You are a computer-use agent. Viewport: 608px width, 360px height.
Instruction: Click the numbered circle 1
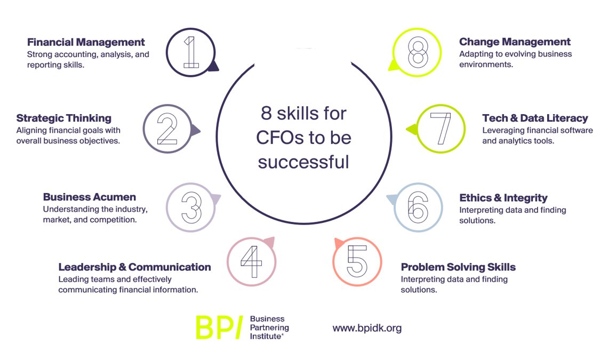point(190,52)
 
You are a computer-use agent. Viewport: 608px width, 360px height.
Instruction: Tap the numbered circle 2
point(167,129)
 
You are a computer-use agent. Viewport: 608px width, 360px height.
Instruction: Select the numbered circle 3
point(190,207)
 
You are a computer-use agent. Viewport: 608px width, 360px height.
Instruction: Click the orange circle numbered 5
point(357,261)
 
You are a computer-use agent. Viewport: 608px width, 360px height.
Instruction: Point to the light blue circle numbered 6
point(418,207)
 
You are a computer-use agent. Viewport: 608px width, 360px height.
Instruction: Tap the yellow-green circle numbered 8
point(418,52)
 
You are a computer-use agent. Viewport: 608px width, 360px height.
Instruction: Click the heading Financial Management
point(86,42)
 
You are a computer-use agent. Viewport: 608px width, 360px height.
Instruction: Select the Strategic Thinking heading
point(64,118)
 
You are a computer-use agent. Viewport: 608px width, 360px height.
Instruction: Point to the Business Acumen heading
point(90,197)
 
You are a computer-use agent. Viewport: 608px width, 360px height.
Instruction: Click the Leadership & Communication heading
point(134,267)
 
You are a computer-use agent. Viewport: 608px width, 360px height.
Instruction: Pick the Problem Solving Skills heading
point(458,267)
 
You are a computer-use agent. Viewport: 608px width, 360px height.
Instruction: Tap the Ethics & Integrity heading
point(503,198)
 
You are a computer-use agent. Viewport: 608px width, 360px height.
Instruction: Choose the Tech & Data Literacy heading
point(535,118)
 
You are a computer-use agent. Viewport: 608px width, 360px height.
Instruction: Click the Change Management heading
point(515,42)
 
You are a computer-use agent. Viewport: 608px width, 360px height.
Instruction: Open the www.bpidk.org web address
point(367,328)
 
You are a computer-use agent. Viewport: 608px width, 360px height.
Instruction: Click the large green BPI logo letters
point(219,327)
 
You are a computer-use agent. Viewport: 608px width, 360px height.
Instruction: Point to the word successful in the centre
point(303,161)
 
